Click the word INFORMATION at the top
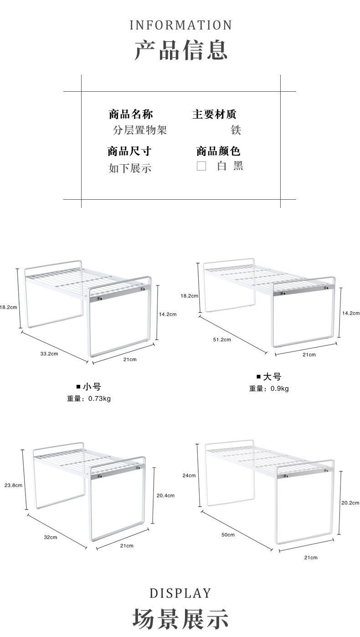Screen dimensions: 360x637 (x=181, y=25)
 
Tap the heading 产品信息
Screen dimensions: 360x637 (x=181, y=50)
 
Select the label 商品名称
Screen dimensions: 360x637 (x=130, y=114)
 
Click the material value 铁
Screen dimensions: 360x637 (x=236, y=130)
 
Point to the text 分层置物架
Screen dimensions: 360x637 (x=140, y=130)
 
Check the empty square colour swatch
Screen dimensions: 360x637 (x=201, y=166)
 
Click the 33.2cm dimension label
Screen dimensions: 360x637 (x=49, y=353)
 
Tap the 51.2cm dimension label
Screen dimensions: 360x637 (x=222, y=339)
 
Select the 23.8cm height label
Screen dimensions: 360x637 (x=13, y=485)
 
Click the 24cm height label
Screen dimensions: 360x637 (x=189, y=476)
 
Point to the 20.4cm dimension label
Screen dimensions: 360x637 (x=165, y=495)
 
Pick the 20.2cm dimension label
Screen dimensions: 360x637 (x=350, y=503)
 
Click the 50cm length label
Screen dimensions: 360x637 (x=228, y=534)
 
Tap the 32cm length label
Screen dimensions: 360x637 (x=50, y=537)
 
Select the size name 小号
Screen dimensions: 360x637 (x=92, y=387)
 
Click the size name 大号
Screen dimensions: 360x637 (x=272, y=377)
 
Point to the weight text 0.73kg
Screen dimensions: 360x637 (x=99, y=399)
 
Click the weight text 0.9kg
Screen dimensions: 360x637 (x=279, y=388)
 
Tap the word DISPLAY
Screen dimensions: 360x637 (x=180, y=593)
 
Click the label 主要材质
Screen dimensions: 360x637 (x=214, y=114)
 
